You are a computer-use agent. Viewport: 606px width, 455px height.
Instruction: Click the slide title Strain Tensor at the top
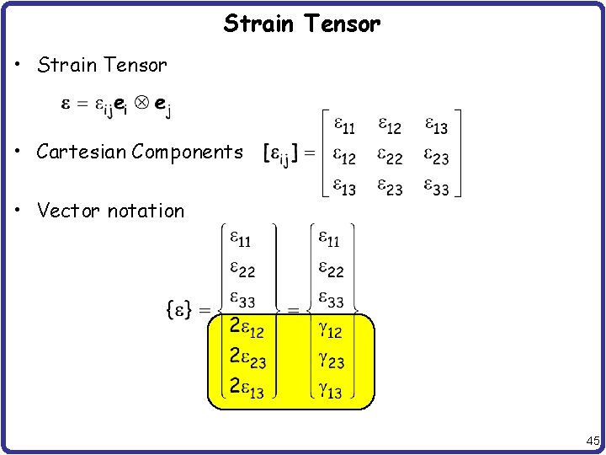pos(302,24)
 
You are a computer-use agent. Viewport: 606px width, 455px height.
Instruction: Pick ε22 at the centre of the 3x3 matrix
pos(390,158)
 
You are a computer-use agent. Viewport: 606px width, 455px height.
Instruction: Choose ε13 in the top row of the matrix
pos(435,126)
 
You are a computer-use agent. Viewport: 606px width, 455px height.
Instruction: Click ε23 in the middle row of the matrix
pos(435,158)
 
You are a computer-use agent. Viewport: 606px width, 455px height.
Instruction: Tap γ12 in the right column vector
pos(329,329)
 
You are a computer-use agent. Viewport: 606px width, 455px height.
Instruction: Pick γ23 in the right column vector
pos(329,360)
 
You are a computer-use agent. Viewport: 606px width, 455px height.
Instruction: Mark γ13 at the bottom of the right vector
pos(329,390)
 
